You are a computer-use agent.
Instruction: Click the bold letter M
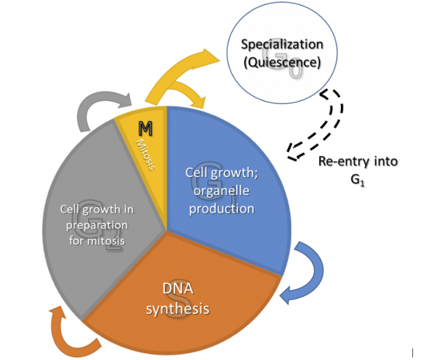pyautogui.click(x=145, y=129)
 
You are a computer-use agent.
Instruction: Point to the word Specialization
pyautogui.click(x=282, y=44)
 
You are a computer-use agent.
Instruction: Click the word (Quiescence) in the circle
pyautogui.click(x=282, y=63)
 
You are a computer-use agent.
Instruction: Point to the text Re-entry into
pyautogui.click(x=358, y=162)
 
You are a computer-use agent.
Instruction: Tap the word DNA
pyautogui.click(x=177, y=289)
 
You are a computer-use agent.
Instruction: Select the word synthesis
pyautogui.click(x=177, y=308)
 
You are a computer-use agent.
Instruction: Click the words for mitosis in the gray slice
pyautogui.click(x=96, y=240)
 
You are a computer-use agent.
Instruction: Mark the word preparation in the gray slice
pyautogui.click(x=97, y=225)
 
